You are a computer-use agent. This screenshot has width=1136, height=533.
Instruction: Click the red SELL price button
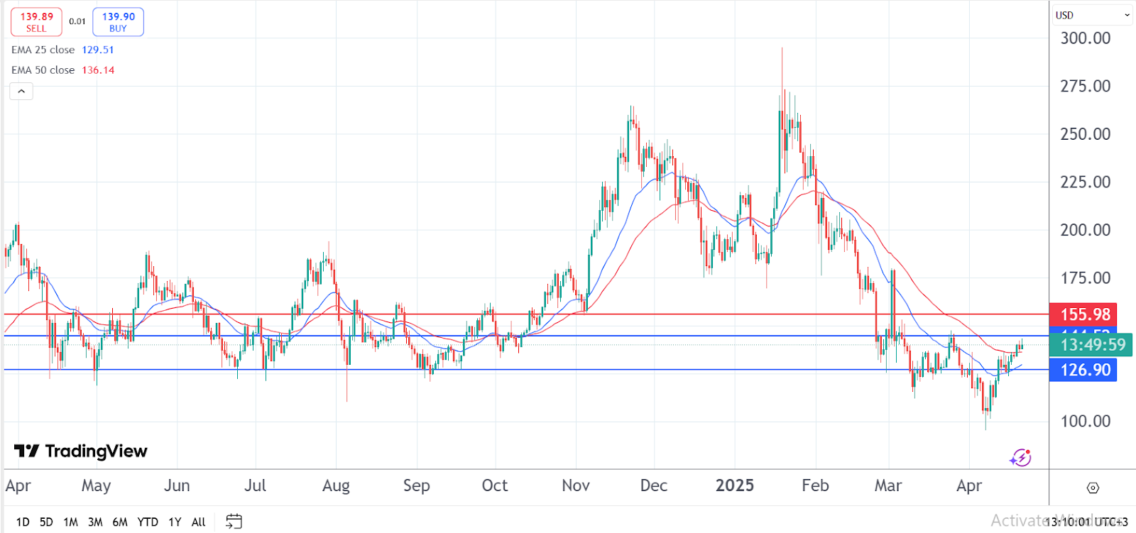click(36, 22)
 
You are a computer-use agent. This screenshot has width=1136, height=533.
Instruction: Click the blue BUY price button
click(118, 22)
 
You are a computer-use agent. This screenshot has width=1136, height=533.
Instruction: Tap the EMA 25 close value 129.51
click(98, 50)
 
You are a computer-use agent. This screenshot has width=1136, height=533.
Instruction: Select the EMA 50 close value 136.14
click(98, 70)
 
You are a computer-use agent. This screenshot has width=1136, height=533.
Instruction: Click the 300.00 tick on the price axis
click(1085, 38)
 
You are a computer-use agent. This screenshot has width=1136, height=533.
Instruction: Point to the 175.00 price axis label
click(1085, 278)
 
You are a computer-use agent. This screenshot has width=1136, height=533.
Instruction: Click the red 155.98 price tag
click(1083, 314)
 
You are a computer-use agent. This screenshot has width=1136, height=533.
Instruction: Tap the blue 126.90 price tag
click(1083, 370)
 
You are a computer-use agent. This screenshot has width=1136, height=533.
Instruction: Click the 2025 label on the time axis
click(734, 485)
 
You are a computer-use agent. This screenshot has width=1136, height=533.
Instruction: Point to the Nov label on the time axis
click(575, 485)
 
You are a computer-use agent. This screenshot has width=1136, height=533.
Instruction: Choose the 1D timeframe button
click(23, 522)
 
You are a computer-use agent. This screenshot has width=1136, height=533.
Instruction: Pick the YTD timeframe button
click(148, 522)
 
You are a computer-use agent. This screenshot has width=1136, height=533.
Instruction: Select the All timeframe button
click(199, 522)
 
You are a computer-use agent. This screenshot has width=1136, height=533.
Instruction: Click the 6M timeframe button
click(120, 522)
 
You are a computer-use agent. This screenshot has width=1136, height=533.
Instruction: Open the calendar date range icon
click(234, 522)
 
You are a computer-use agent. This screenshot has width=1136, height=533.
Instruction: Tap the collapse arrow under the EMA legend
click(21, 92)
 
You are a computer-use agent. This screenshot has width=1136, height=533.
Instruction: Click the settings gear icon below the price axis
click(1093, 488)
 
